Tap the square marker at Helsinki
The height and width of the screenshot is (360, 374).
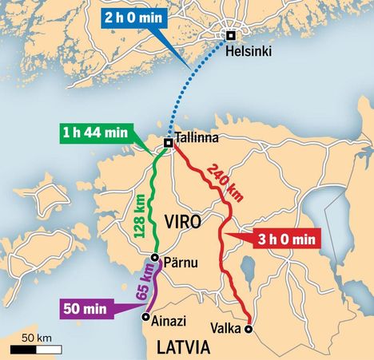pyautogui.click(x=230, y=35)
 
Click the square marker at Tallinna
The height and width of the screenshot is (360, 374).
pyautogui.click(x=169, y=143)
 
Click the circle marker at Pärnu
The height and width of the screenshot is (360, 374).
pyautogui.click(x=157, y=258)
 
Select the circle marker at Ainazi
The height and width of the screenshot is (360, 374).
pyautogui.click(x=145, y=317)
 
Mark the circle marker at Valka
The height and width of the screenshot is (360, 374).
pyautogui.click(x=249, y=328)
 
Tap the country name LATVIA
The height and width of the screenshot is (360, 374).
pyautogui.click(x=183, y=347)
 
